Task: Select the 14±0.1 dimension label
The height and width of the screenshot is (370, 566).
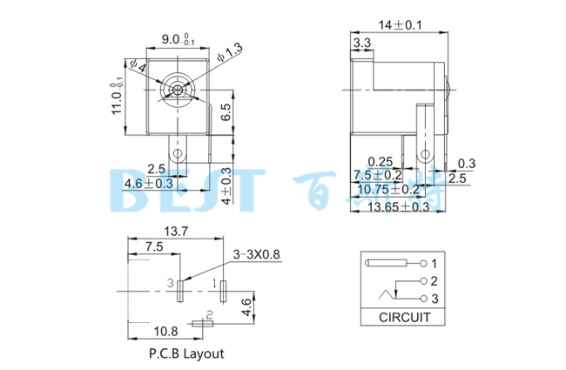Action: [399, 25]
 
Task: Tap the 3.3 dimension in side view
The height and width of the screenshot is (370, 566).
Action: [362, 42]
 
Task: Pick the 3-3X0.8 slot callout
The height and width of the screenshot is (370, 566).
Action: [258, 253]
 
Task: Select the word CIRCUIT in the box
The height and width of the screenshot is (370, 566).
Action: [401, 319]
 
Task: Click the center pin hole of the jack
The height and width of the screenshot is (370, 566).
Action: [178, 90]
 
